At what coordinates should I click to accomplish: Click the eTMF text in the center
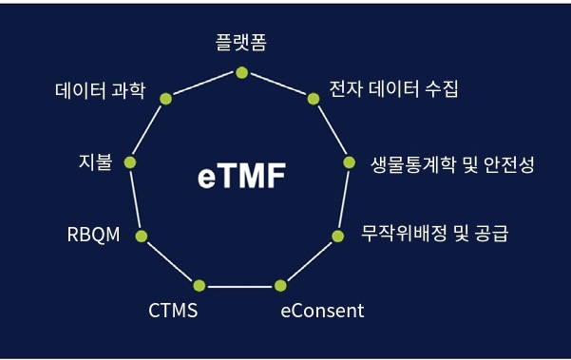tap(241, 178)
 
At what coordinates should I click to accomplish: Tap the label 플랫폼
tap(241, 44)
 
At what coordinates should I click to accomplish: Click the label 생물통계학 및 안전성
tap(452, 164)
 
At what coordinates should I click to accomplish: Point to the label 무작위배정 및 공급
tap(435, 232)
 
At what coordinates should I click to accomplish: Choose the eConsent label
tap(322, 310)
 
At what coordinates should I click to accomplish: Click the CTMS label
tap(173, 310)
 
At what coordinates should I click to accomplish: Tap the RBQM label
tap(94, 235)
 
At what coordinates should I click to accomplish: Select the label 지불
tap(96, 161)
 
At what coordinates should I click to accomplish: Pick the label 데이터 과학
tap(100, 91)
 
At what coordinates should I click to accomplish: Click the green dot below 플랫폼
tap(241, 72)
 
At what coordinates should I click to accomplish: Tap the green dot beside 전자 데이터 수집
tap(314, 97)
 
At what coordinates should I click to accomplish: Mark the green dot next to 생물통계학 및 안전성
tap(349, 162)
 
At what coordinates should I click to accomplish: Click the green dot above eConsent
tap(280, 285)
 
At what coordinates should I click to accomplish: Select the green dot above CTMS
tap(199, 285)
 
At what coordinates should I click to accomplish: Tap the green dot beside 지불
tap(130, 162)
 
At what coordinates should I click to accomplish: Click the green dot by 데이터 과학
tap(165, 98)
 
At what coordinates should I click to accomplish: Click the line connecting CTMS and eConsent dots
tap(239, 285)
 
